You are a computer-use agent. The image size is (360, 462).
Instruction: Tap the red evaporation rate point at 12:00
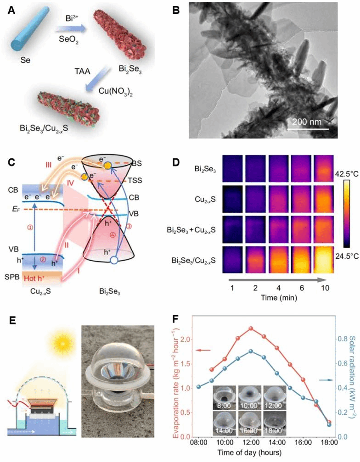point(251,328)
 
